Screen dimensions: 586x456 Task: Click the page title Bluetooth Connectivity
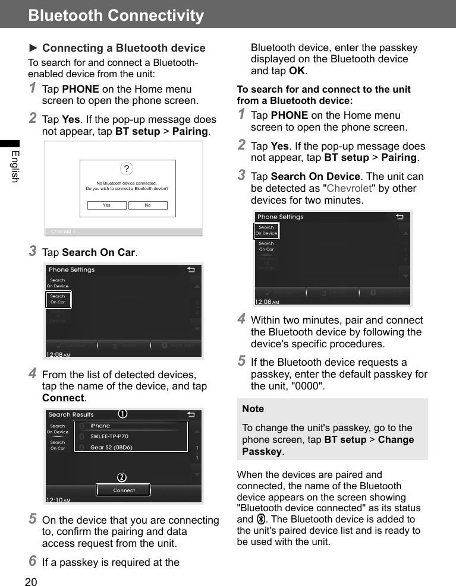(116, 15)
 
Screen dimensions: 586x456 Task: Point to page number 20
(31, 581)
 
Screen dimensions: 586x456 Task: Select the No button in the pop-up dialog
(147, 205)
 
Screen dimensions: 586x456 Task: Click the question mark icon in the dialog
(126, 169)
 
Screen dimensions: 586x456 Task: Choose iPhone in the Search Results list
(100, 426)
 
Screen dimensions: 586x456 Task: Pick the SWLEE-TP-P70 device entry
(109, 436)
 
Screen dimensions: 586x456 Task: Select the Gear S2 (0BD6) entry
(111, 447)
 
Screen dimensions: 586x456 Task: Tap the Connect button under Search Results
(124, 490)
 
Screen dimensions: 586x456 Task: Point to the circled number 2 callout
(121, 478)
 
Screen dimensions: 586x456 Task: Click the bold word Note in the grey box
(253, 408)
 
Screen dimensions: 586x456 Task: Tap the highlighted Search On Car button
(58, 299)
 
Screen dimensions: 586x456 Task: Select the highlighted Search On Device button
(266, 230)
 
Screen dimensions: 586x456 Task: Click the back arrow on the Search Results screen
(191, 414)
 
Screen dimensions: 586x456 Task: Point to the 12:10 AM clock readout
(58, 500)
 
